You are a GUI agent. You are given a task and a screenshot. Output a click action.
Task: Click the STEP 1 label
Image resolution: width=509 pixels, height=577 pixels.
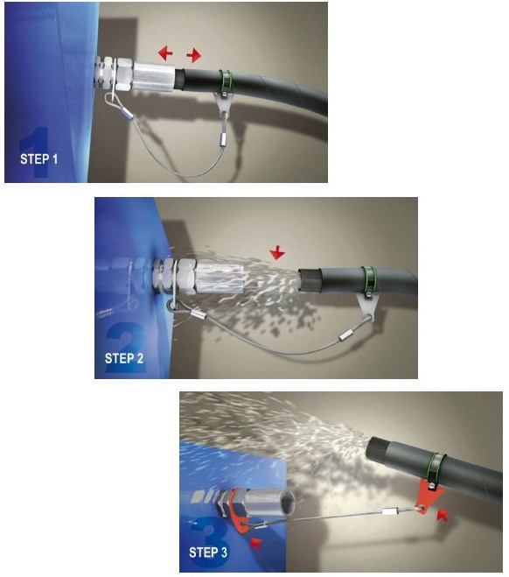(38, 159)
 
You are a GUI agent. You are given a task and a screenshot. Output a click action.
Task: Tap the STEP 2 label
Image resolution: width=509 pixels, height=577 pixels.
(124, 358)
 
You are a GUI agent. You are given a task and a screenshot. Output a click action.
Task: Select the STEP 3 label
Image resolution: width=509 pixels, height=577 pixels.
(208, 552)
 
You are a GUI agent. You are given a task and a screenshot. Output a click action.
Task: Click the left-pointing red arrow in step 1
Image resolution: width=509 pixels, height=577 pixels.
(165, 53)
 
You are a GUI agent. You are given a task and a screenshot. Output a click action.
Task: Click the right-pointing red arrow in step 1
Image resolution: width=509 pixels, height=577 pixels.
(193, 55)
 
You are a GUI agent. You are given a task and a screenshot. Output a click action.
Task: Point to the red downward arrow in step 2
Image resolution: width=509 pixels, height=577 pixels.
(277, 253)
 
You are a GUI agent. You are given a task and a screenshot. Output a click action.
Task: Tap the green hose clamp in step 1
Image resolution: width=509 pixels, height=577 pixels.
(226, 82)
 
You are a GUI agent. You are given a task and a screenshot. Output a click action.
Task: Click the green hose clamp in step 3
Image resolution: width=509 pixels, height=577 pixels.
(437, 467)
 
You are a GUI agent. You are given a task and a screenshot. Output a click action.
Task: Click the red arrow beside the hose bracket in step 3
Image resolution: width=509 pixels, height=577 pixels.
(443, 515)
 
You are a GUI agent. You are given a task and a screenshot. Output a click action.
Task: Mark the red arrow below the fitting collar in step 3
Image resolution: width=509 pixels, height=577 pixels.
(255, 543)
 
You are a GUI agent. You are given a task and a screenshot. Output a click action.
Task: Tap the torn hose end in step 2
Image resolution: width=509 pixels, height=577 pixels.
(309, 279)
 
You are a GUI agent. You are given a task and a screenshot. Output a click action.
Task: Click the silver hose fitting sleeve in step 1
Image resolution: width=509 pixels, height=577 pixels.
(153, 77)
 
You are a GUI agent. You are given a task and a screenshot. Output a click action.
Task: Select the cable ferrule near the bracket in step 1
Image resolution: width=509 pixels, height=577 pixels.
(223, 139)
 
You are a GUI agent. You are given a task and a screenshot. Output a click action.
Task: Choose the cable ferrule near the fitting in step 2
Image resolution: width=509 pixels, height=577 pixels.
(199, 314)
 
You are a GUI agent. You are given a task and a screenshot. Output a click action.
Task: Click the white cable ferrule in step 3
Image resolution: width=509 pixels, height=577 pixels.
(390, 511)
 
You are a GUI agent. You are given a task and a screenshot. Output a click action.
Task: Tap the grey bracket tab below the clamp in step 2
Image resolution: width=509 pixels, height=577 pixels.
(367, 307)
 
